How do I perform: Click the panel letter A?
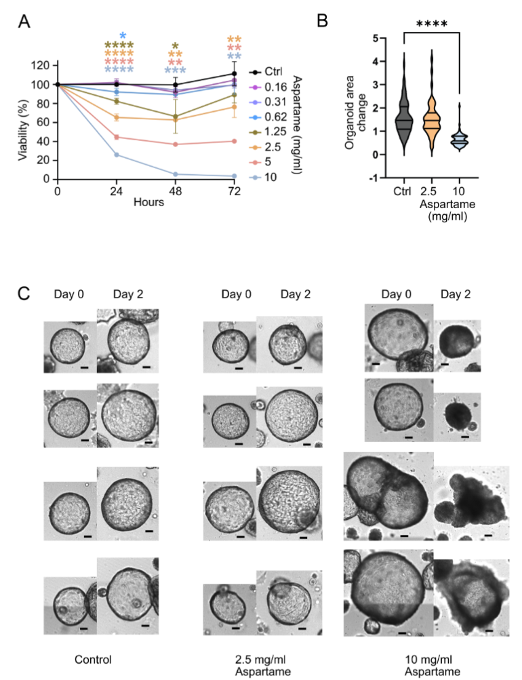(24, 22)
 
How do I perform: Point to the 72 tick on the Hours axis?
(234, 191)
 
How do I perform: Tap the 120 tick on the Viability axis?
(43, 65)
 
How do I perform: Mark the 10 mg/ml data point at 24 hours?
(117, 155)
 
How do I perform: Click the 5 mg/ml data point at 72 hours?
(234, 141)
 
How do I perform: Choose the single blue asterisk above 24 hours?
(122, 36)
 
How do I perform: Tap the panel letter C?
(24, 294)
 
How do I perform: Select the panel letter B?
(323, 20)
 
